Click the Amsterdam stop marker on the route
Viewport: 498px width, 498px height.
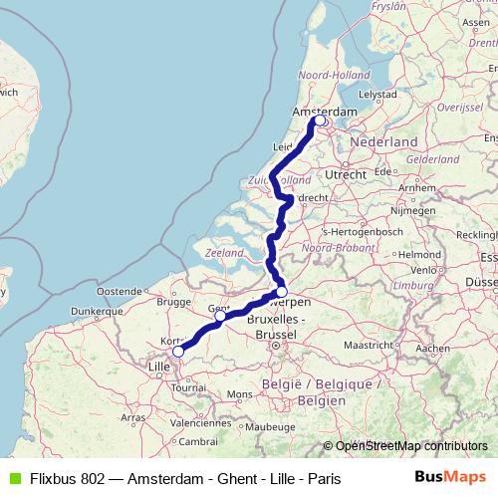(x=320, y=122)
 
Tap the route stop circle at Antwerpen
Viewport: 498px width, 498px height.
(x=282, y=292)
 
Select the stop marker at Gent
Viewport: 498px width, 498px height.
(x=220, y=316)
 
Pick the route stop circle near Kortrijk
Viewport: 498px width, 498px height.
(x=178, y=352)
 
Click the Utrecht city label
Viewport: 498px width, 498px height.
(x=347, y=174)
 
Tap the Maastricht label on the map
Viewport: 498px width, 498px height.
(x=370, y=345)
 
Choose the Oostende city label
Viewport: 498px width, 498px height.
(x=118, y=290)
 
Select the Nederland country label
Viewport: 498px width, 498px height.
(x=383, y=142)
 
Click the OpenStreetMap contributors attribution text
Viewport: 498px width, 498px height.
(x=410, y=446)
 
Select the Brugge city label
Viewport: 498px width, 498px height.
(x=172, y=300)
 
